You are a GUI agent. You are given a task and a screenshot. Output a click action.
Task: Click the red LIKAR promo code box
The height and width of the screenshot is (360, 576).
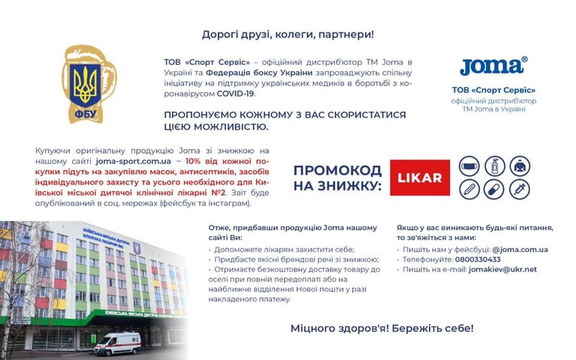pos(420,177)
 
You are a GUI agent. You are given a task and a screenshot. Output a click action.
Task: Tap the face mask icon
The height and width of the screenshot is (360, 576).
pos(469,166)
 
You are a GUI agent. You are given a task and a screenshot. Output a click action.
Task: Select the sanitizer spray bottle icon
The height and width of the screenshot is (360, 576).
pos(495,166)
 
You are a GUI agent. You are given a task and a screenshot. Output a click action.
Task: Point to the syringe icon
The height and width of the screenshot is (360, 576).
pos(520,189)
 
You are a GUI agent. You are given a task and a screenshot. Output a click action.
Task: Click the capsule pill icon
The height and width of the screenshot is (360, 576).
pos(495,189)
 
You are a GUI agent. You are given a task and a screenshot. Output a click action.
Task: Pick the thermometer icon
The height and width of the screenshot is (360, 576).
pos(469,189)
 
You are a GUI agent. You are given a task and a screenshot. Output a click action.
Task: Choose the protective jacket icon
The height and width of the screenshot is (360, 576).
pos(520,166)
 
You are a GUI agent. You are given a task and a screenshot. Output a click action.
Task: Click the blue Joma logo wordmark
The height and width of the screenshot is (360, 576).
pos(493,66)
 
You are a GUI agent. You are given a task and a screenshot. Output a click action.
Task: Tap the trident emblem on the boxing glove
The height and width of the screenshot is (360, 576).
pos(85,84)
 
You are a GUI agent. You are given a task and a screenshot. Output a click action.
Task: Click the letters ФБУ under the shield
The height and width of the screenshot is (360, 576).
pos(85,114)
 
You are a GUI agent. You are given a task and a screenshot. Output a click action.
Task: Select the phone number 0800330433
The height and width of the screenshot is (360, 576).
pos(477,259)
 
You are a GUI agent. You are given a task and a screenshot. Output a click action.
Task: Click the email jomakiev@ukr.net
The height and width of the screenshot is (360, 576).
pos(503,269)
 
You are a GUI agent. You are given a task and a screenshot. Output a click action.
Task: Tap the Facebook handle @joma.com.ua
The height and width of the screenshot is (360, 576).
pos(520,249)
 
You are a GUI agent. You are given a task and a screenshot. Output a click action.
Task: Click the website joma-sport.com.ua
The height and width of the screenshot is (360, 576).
pos(133,161)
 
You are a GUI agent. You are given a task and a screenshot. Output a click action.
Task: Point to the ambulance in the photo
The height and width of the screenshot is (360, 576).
pos(117,344)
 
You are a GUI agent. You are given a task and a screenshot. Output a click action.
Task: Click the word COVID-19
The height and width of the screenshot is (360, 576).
pos(235,94)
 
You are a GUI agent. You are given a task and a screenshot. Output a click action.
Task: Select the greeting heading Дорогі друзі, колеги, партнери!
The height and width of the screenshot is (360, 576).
pos(288,35)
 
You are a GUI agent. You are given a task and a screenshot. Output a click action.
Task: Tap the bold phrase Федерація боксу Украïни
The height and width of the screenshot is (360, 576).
pos(259,73)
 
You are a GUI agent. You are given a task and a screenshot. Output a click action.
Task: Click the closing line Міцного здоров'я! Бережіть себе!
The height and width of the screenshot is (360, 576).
pos(382,328)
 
